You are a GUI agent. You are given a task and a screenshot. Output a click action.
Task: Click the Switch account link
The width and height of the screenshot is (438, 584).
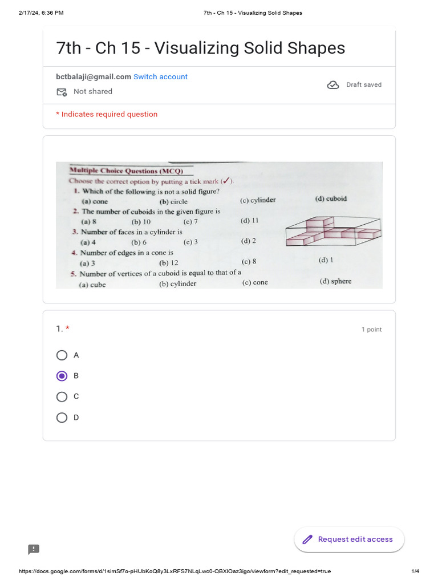tap(160, 77)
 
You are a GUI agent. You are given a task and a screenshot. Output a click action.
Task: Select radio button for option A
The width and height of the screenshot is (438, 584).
tap(62, 355)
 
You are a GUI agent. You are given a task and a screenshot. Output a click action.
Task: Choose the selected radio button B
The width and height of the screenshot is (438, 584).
tap(62, 376)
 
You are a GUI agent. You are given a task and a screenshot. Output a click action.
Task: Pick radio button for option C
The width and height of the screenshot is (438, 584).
tap(62, 396)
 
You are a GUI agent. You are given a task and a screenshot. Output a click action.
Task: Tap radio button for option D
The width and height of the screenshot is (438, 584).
tap(62, 417)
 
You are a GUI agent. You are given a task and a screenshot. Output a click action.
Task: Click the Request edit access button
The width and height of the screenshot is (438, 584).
tap(348, 540)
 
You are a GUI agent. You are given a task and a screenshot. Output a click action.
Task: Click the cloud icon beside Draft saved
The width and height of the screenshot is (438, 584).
tap(332, 85)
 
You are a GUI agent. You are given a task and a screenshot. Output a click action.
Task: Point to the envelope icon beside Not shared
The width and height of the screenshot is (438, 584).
tap(62, 92)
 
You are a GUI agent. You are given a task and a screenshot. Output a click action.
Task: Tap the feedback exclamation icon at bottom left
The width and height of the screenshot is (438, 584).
tap(34, 549)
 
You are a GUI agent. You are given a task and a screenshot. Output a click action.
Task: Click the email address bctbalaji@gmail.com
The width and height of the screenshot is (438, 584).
tap(94, 77)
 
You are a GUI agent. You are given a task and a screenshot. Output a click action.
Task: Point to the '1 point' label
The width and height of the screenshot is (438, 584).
tap(371, 330)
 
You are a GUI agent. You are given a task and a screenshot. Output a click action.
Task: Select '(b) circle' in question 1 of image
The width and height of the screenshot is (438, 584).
tap(173, 201)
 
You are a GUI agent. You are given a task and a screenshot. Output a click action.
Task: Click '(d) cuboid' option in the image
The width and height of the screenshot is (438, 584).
tap(331, 199)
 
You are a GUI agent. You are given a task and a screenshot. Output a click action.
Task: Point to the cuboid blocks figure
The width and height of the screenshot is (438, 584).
tap(334, 231)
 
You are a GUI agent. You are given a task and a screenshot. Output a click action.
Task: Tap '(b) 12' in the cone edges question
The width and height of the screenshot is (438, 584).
tap(169, 263)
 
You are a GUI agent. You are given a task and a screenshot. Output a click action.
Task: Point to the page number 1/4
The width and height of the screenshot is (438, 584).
tap(415, 571)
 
